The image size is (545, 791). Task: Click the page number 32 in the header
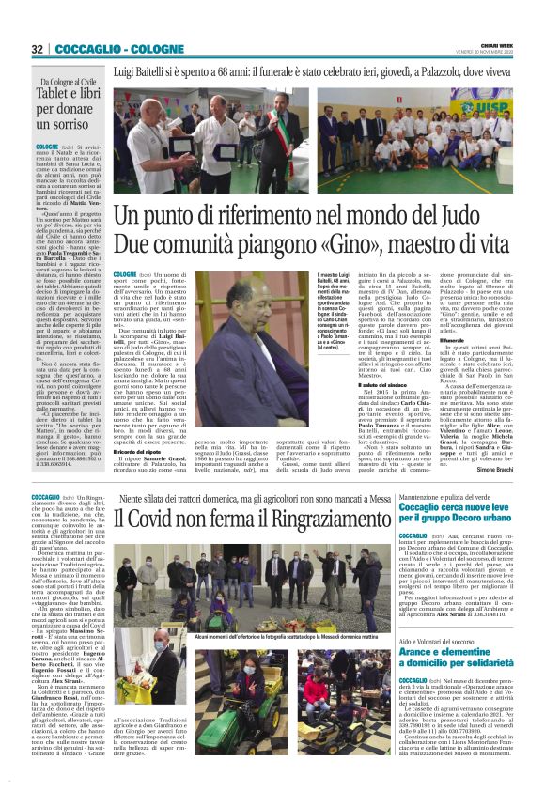point(38,49)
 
